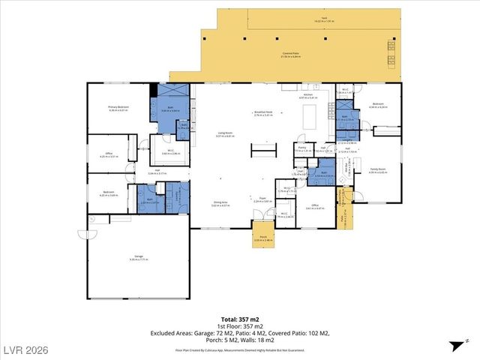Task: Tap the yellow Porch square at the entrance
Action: (262, 234)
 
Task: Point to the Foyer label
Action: (262, 201)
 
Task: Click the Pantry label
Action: (301, 149)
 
